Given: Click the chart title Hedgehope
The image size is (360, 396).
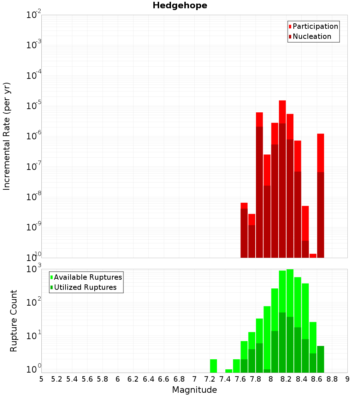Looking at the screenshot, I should pyautogui.click(x=180, y=6).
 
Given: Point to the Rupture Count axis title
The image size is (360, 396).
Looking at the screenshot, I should pyautogui.click(x=14, y=320).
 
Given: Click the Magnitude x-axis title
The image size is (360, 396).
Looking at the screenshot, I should pyautogui.click(x=194, y=390).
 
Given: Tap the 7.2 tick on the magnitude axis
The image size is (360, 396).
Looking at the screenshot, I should pyautogui.click(x=210, y=379).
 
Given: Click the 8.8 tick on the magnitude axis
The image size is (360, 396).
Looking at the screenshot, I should pyautogui.click(x=332, y=379).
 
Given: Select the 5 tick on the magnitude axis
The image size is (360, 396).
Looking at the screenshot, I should pyautogui.click(x=41, y=379).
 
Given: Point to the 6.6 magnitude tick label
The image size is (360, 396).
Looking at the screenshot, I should pyautogui.click(x=163, y=379).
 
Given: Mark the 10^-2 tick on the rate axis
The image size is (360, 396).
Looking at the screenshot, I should pyautogui.click(x=33, y=15).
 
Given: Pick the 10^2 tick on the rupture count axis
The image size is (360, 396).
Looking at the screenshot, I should pyautogui.click(x=33, y=302).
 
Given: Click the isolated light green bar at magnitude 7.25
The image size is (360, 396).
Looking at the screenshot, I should pyautogui.click(x=213, y=366).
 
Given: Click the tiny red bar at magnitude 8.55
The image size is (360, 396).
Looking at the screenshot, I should pyautogui.click(x=313, y=256).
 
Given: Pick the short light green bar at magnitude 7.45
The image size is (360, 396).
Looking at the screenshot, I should pyautogui.click(x=229, y=371).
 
